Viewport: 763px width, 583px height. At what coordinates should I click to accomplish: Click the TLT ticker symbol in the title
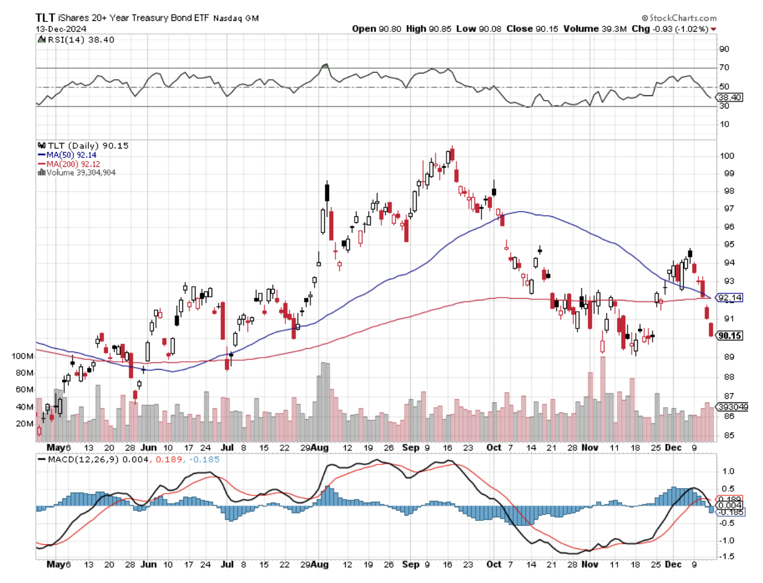(45, 17)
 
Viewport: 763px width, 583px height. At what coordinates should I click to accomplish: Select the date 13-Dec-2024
(61, 29)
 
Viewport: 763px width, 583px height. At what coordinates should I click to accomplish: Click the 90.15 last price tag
(730, 336)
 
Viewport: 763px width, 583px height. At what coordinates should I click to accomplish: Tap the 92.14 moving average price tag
(730, 297)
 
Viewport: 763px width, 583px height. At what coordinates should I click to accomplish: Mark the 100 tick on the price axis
(727, 156)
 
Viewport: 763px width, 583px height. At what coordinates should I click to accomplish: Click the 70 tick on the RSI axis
(724, 67)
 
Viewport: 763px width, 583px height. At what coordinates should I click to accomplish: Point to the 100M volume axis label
(23, 356)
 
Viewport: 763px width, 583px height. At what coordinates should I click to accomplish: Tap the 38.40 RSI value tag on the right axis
(730, 97)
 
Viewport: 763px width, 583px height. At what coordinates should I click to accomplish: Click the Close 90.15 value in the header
(532, 29)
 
